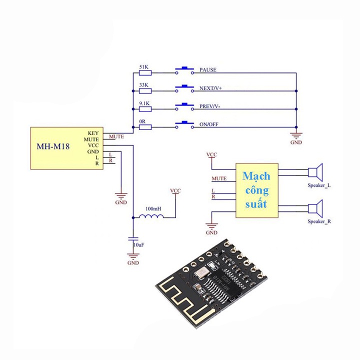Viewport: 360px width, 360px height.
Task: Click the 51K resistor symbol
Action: coord(145,73)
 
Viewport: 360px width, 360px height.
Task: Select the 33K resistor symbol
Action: coord(145,91)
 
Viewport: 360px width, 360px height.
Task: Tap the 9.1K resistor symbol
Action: coord(145,109)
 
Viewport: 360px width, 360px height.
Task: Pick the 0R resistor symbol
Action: coord(145,127)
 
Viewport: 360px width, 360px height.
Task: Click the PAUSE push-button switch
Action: coord(184,70)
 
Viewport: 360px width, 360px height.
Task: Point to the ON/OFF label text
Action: coord(208,124)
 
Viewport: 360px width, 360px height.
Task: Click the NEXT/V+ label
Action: coord(210,88)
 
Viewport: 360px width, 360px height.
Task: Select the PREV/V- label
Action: coord(210,106)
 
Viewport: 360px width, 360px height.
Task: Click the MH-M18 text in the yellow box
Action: coord(53,146)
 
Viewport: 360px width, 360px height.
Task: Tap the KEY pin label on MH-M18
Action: coord(93,133)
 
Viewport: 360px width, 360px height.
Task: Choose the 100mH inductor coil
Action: coord(151,216)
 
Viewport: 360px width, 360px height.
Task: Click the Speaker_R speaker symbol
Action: coord(315,208)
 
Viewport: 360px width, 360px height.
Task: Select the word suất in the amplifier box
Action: coord(256,203)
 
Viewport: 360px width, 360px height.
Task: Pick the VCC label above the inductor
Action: coord(175,190)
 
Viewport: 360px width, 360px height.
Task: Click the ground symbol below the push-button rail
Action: coord(296,135)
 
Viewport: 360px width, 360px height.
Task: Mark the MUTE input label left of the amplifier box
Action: coord(219,178)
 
